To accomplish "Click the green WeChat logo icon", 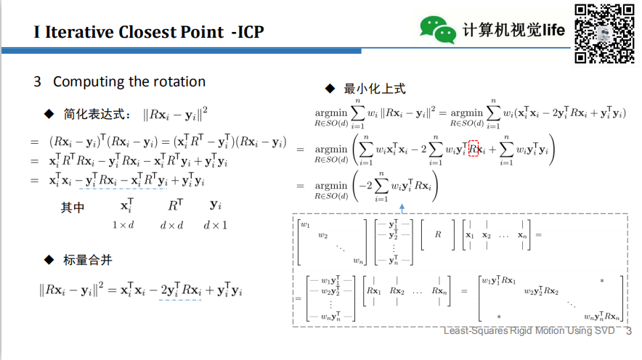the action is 437,28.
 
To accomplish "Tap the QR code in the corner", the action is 604,33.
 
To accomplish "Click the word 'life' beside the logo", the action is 553,30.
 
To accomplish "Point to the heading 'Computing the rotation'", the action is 129,82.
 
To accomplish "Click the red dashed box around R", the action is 474,150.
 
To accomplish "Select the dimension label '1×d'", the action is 123,225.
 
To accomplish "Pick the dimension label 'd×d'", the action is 171,225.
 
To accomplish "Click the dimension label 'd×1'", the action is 215,225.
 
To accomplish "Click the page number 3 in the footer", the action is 629,332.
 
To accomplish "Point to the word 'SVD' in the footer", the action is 604,332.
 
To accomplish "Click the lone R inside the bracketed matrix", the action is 437,235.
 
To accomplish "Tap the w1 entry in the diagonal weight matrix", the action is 305,224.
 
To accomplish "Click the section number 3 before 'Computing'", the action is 37,82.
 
